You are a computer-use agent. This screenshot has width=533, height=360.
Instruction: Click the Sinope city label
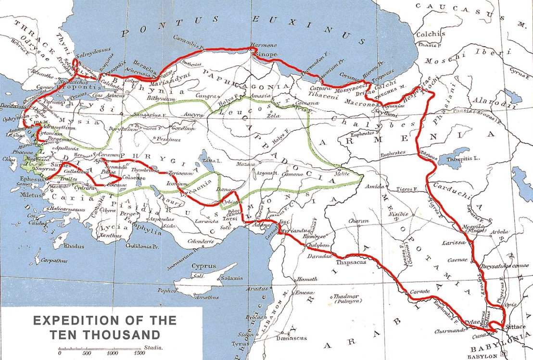coord(265,55)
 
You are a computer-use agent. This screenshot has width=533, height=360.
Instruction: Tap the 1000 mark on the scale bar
coord(113,353)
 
